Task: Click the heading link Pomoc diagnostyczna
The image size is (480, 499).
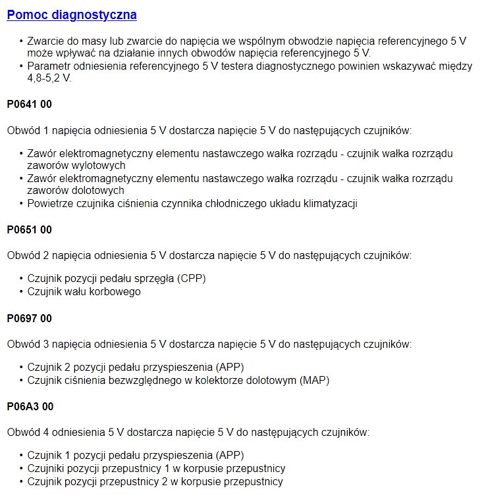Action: pos(72,15)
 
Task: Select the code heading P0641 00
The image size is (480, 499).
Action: pos(29,104)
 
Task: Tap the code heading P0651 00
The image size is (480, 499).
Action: pos(29,229)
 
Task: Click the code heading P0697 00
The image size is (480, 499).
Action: pos(29,318)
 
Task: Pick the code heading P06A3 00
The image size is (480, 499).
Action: pos(30,407)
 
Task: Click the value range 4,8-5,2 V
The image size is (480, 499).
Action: pos(49,78)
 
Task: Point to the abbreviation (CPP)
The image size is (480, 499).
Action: pos(191,278)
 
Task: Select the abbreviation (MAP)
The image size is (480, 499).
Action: pos(314,380)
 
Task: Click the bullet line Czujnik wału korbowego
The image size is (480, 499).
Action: pos(84,291)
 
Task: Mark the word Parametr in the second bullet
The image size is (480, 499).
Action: pos(49,66)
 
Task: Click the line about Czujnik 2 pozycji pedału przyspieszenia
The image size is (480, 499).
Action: pos(140,367)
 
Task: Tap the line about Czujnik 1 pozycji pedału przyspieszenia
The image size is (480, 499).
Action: pos(140,455)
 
